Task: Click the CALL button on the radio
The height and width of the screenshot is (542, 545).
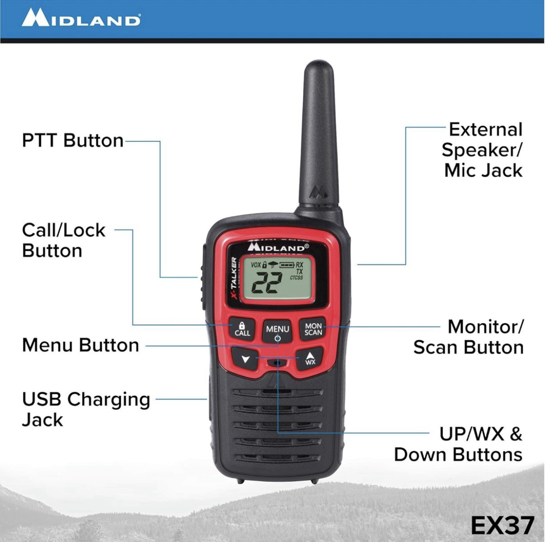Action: pos(242,329)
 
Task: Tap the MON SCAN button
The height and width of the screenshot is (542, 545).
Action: pos(313,329)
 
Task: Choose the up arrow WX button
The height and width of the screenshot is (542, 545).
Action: pos(310,358)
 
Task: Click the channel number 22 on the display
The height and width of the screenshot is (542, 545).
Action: pos(267,284)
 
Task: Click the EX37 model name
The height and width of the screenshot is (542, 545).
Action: pos(502,525)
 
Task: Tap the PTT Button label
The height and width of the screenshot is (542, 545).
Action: pos(73,141)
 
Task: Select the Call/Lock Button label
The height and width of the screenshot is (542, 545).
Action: pos(63,240)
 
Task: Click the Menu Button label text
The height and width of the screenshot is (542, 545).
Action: pos(80,345)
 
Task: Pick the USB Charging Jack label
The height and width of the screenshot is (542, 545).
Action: pos(86,410)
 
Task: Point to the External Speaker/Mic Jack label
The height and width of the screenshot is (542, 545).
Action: pos(482,150)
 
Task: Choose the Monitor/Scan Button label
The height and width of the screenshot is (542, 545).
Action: pos(468,337)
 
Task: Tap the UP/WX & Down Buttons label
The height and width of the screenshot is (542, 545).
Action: pos(458,444)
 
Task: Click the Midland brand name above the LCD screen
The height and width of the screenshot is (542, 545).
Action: pos(278,248)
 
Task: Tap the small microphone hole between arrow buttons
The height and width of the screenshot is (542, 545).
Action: pos(277,363)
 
